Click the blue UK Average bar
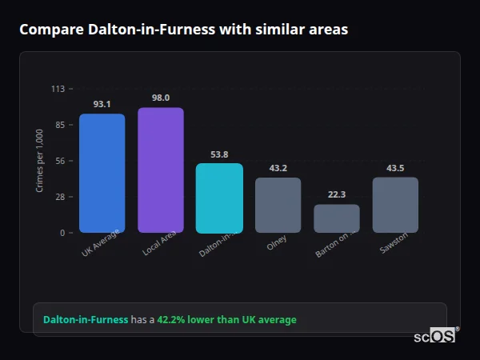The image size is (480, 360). coord(102,174)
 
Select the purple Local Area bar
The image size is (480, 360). coord(161,170)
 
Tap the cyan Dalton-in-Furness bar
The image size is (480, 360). coord(219,198)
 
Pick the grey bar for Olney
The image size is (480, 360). coord(278,206)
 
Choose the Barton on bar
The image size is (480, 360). coord(336,218)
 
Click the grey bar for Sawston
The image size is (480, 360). coord(395,205)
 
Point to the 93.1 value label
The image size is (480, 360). coord(102,104)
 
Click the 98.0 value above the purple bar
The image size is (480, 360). coord(161,98)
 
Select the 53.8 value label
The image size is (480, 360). coord(219,154)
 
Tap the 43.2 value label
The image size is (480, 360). coord(278,168)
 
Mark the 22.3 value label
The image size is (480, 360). coord(336,194)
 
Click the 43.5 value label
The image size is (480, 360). coord(395,168)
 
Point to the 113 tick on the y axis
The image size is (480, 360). coord(58,89)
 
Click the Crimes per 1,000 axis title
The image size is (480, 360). coord(40,160)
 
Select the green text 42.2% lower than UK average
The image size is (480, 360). coord(226,320)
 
